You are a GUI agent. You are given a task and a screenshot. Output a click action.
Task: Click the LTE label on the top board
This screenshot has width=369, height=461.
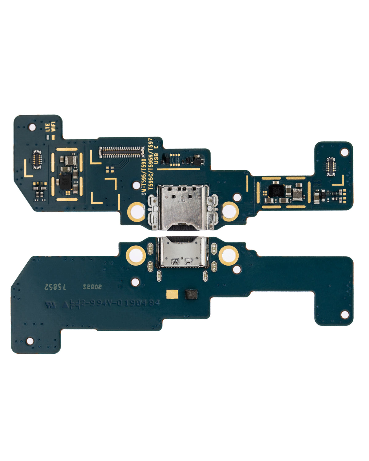click(48, 127)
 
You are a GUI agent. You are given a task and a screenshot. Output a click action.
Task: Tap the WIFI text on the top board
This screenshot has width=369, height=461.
click(54, 127)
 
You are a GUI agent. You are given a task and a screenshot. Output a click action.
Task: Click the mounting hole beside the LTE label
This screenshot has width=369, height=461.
click(31, 126)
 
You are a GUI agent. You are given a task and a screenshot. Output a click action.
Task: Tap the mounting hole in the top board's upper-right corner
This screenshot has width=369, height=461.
click(344, 152)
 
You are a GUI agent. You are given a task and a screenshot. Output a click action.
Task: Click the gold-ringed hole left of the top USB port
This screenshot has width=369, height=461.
click(136, 211)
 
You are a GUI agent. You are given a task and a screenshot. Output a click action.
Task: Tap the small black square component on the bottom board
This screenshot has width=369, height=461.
click(190, 294)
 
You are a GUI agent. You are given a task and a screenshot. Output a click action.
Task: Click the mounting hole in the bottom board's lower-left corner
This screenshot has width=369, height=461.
click(30, 341)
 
